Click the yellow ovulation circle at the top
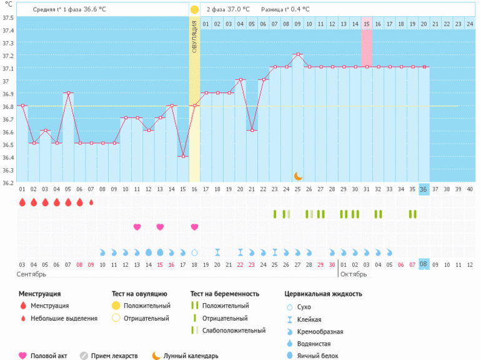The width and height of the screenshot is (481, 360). (x=194, y=9)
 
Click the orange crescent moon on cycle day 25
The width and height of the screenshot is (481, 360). (x=298, y=176)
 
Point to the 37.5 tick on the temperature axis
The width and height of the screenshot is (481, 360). (x=8, y=17)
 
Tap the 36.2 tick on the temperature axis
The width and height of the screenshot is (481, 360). (x=8, y=183)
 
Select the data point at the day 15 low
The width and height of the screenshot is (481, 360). (x=183, y=156)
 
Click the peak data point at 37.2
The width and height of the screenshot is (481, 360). (x=298, y=54)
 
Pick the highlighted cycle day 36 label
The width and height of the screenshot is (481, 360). (x=424, y=189)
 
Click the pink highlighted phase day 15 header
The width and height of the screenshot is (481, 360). (x=367, y=24)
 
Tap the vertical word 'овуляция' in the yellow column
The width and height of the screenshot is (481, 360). (x=194, y=37)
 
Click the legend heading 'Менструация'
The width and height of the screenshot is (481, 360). (x=39, y=294)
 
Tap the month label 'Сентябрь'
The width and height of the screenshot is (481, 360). (x=31, y=274)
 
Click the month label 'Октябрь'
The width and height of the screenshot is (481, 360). (x=354, y=274)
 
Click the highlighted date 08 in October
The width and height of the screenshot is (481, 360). (x=424, y=264)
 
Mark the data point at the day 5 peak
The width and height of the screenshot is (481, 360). (x=68, y=93)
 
